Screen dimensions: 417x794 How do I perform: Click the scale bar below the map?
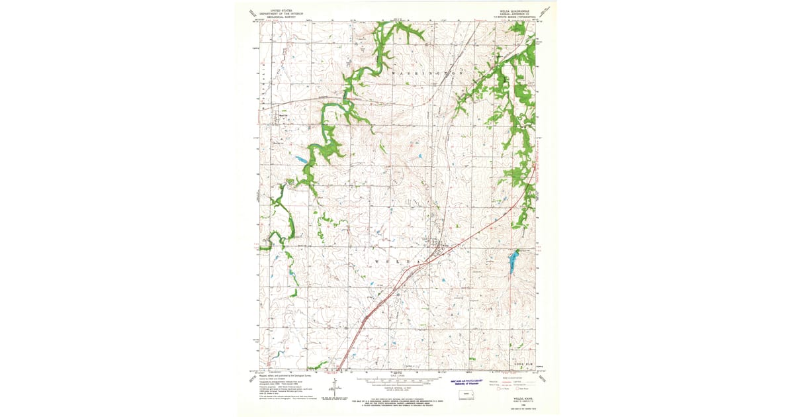[394, 381]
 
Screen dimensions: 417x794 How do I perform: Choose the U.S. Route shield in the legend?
[500, 390]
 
